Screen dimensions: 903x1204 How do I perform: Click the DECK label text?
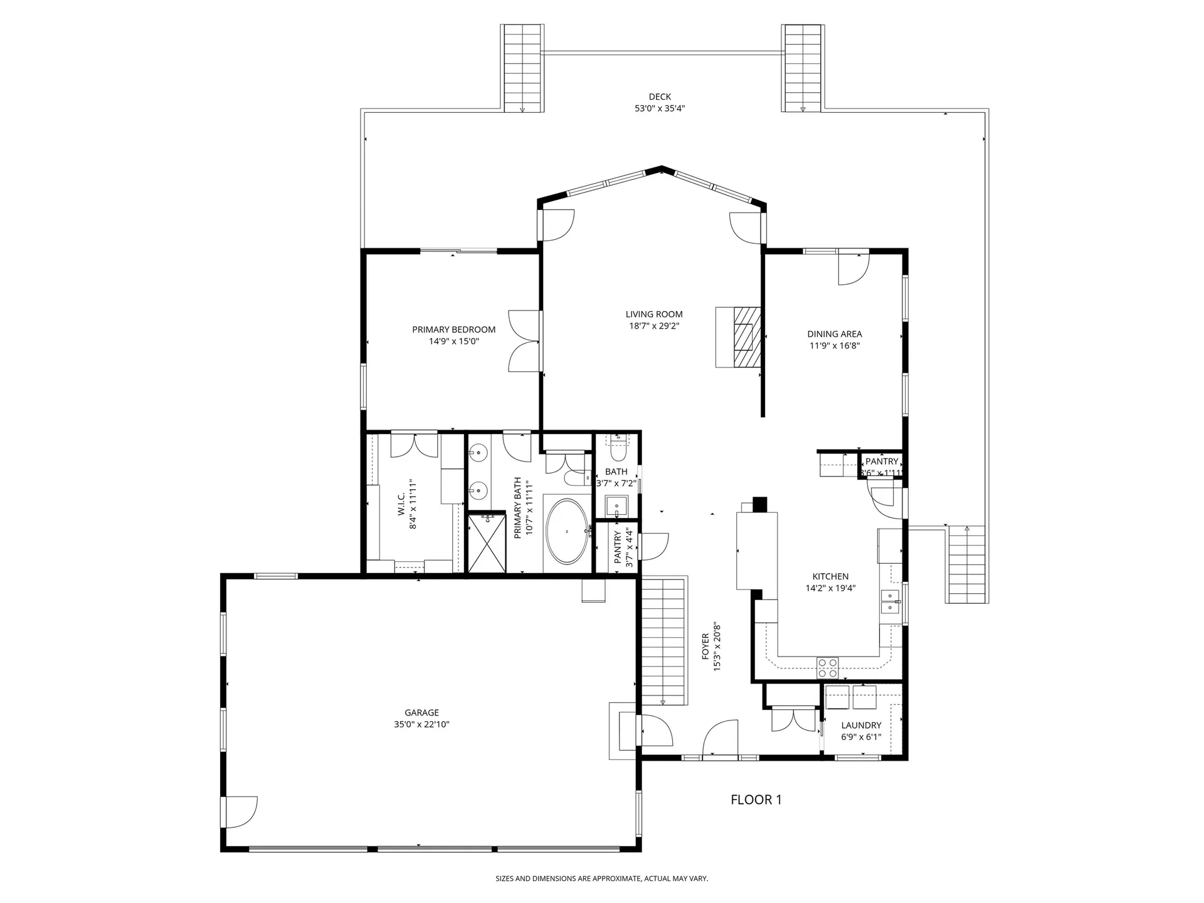(x=659, y=97)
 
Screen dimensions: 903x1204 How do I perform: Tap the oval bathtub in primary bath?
(x=567, y=532)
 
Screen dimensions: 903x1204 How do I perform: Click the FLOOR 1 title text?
(x=756, y=800)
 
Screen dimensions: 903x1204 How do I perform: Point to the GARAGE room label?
(x=421, y=712)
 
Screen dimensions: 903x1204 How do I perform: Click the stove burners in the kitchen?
(x=827, y=668)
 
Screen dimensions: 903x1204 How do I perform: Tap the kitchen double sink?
(x=890, y=601)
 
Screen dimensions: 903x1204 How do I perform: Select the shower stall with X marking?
(x=487, y=544)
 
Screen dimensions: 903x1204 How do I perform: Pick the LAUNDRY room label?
(x=861, y=725)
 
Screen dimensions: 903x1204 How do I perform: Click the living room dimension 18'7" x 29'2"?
(x=654, y=326)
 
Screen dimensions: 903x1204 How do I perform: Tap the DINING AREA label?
(x=834, y=334)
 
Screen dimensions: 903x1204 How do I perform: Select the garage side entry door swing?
(x=240, y=813)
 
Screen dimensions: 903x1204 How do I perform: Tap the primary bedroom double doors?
(x=525, y=341)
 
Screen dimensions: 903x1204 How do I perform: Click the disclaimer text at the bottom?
(x=601, y=879)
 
